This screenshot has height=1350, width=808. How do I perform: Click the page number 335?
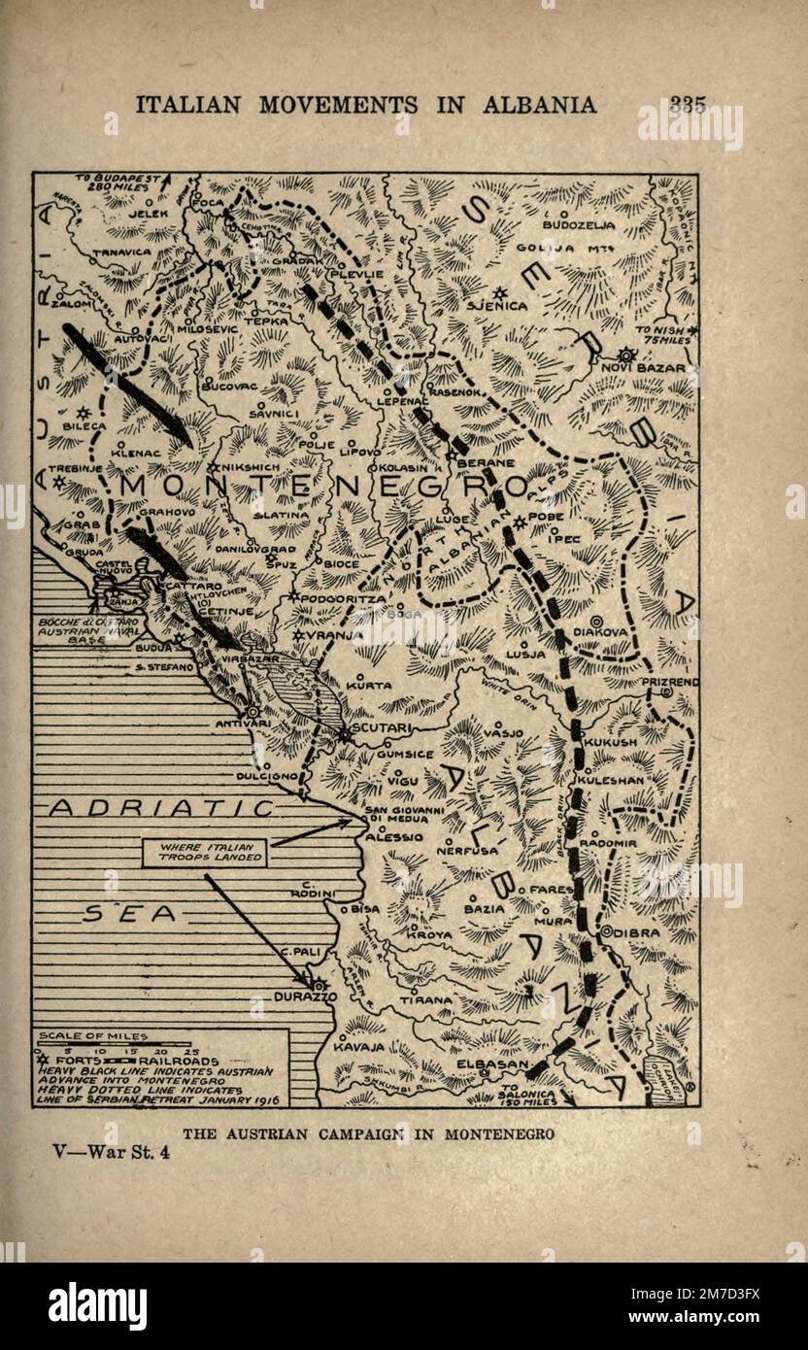[x=687, y=106]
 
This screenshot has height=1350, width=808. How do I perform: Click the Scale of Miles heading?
[x=106, y=1036]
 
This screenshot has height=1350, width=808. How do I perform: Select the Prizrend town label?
[x=669, y=683]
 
